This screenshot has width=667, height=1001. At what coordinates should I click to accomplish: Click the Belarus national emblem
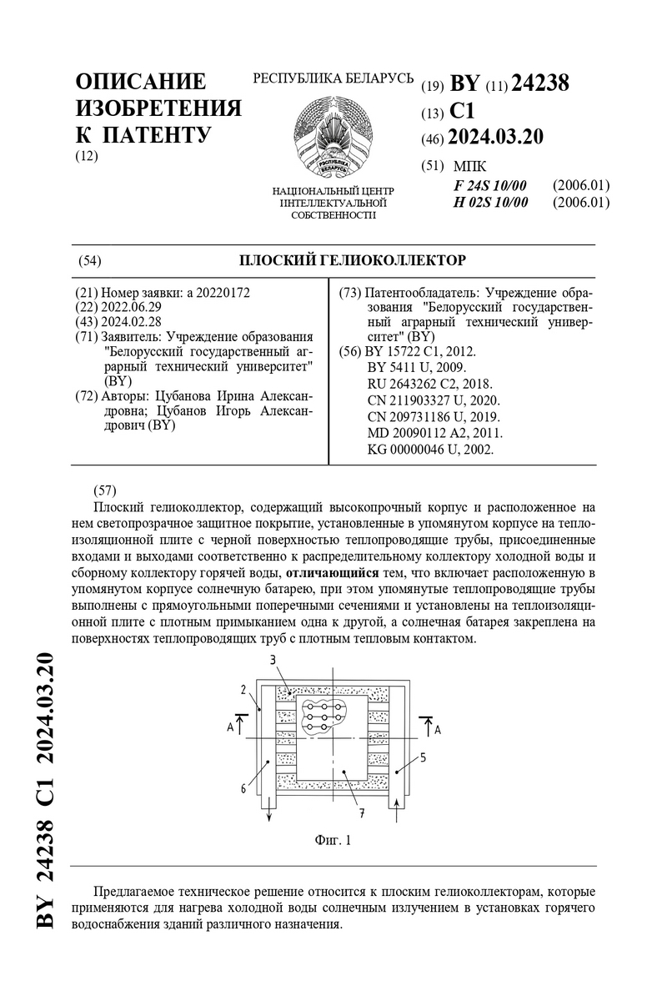pos(333,133)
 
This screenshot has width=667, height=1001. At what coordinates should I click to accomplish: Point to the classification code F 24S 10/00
pos(490,185)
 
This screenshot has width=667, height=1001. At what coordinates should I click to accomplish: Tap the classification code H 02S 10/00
pos(490,202)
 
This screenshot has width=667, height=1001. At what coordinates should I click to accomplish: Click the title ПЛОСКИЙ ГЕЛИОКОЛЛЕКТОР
pos(353,260)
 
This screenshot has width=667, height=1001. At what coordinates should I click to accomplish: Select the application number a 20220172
pos(219,293)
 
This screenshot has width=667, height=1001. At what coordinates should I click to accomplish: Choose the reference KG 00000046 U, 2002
pos(430,449)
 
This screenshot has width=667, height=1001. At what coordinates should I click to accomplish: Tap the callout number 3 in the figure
pos(272,661)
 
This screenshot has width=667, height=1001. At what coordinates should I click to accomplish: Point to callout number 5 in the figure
pos(424,757)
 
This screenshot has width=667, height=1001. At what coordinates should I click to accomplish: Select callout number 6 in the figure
pos(243,787)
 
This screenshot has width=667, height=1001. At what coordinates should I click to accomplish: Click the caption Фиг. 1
pos(333,840)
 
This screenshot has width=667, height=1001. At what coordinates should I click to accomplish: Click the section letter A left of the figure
pos(230,727)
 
